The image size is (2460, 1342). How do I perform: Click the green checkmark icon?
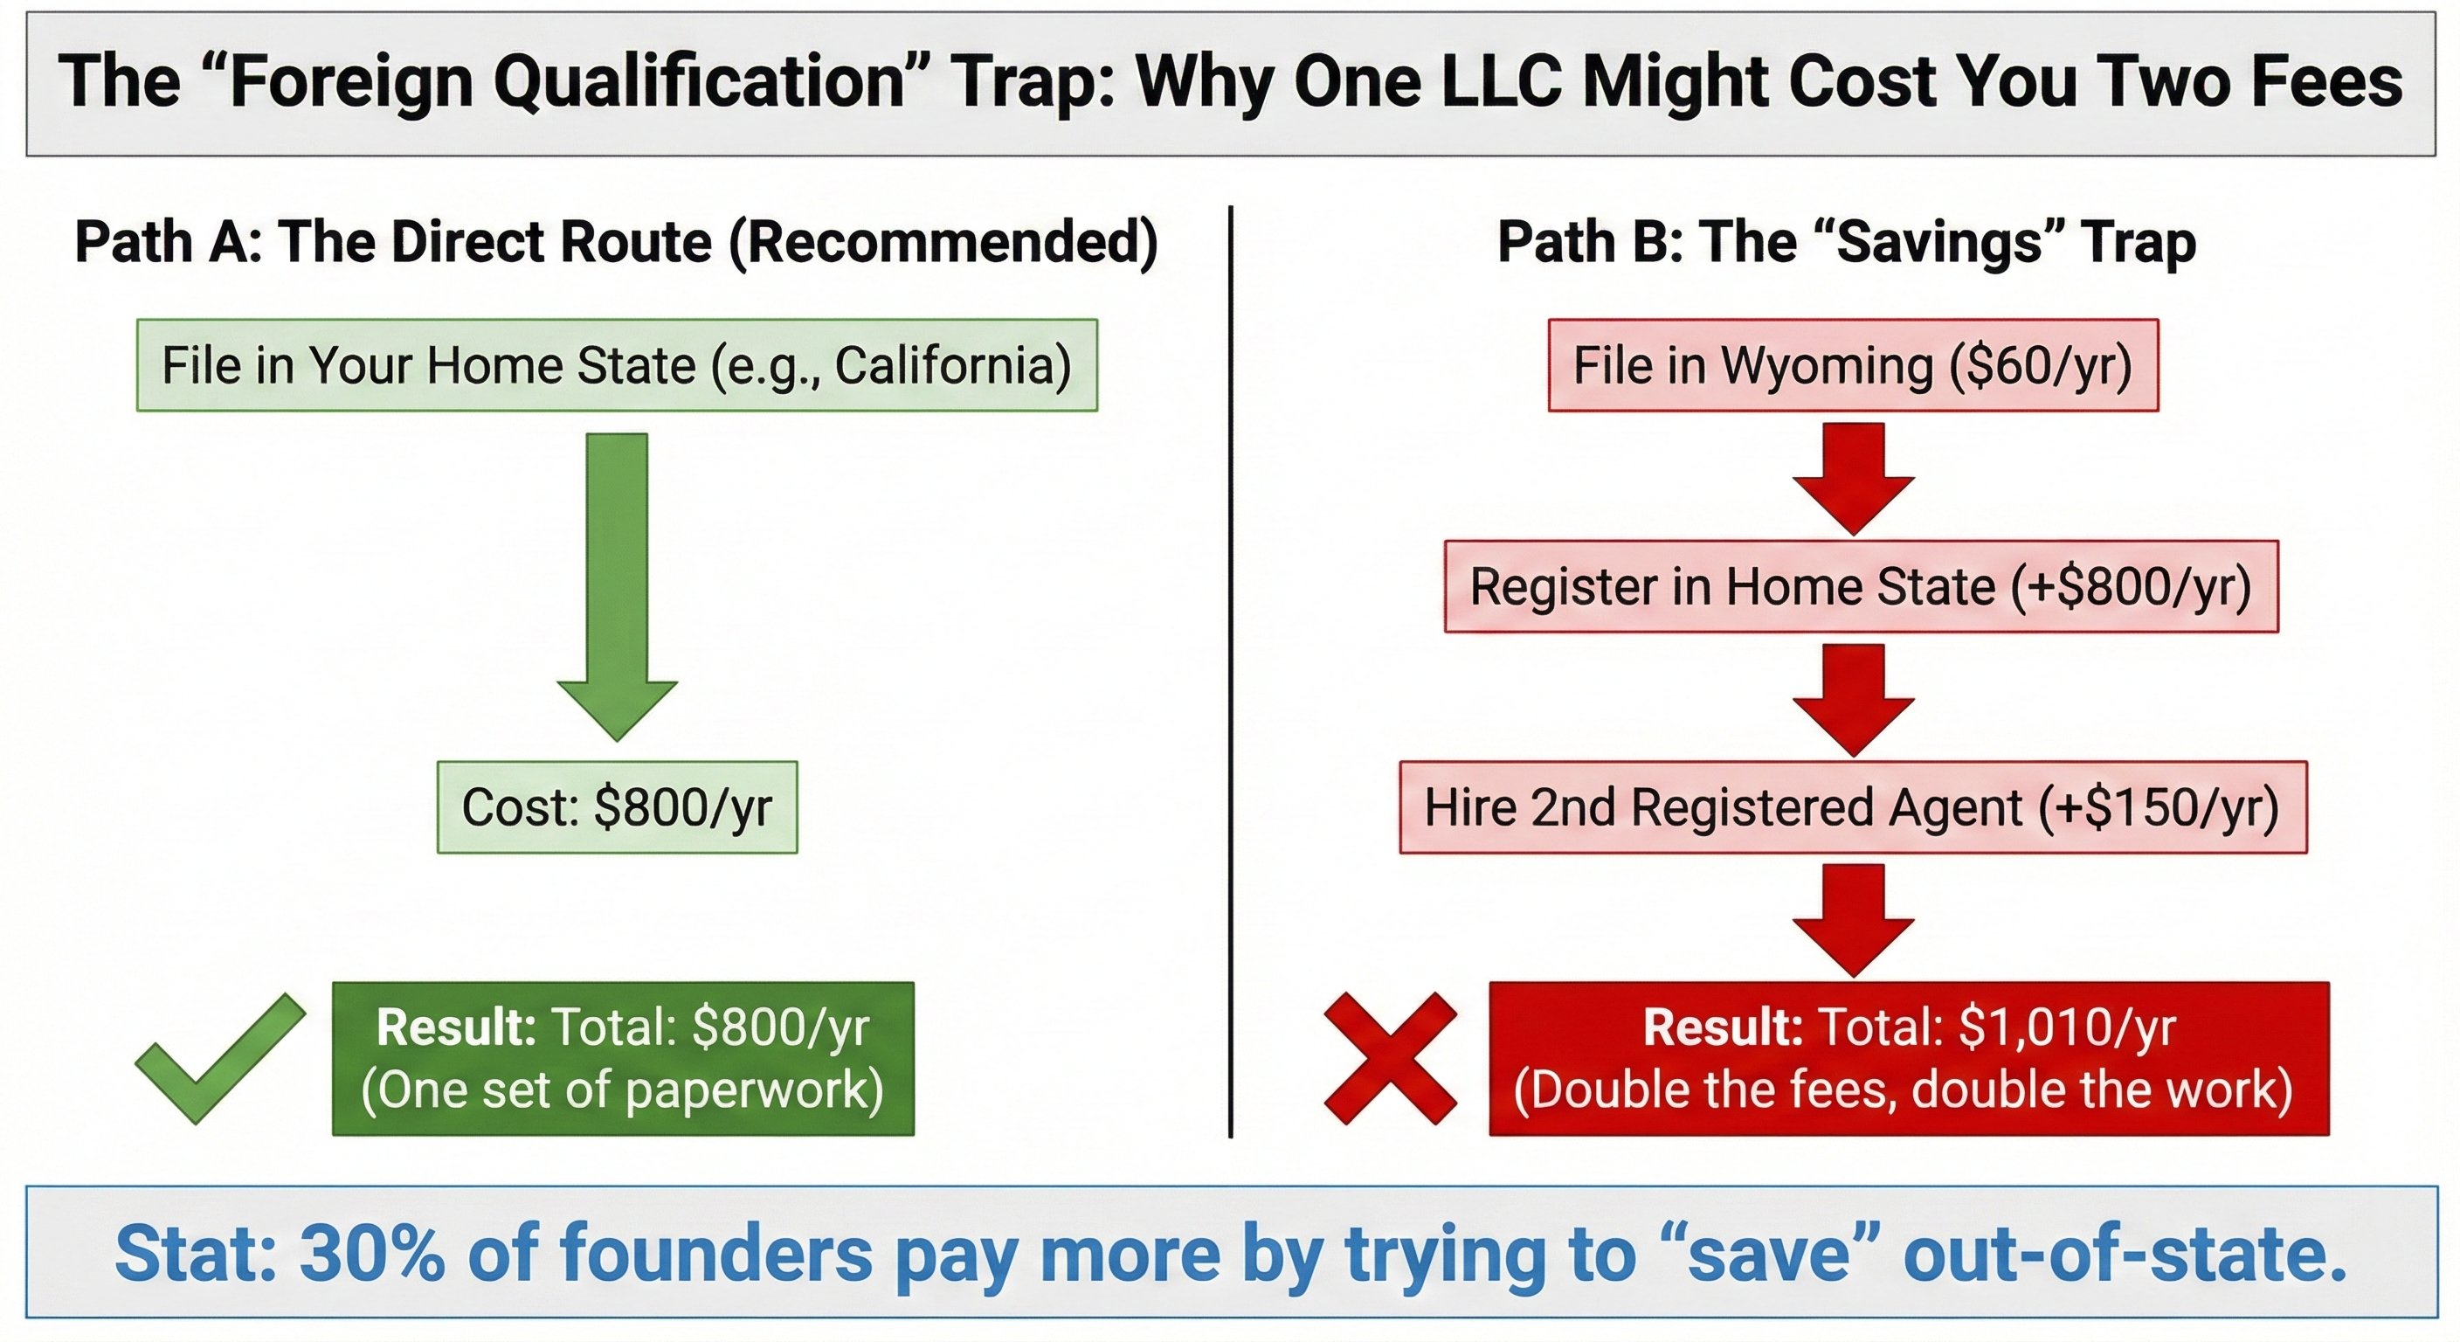[x=219, y=1058]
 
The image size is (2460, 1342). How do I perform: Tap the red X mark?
[x=1391, y=1058]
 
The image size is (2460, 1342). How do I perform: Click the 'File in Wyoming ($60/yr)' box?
[x=1853, y=366]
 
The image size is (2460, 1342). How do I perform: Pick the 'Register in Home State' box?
[x=1860, y=586]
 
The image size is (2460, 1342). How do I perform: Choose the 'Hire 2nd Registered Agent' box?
[x=1853, y=807]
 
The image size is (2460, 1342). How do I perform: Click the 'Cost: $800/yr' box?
[x=617, y=807]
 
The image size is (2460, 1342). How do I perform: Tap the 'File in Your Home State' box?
[x=617, y=366]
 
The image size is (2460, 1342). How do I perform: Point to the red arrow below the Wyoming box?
[x=1853, y=478]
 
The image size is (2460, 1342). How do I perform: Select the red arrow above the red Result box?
[x=1853, y=919]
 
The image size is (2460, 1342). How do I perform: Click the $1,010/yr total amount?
[x=2067, y=1027]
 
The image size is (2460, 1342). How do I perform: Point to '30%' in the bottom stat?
[x=372, y=1253]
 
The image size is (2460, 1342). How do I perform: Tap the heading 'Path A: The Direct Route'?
[x=616, y=242]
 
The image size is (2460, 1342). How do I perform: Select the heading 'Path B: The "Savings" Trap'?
[x=1846, y=242]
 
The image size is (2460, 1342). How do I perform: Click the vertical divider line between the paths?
[x=1231, y=668]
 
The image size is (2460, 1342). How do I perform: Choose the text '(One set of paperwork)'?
[x=623, y=1090]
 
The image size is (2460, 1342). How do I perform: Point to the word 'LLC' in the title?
[x=1503, y=82]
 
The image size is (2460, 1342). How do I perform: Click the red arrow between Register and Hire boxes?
[x=1853, y=698]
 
